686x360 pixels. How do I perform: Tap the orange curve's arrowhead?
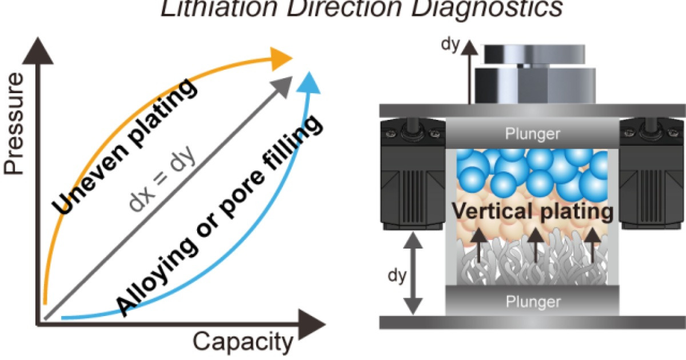(281, 57)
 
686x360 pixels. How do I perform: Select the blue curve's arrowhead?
(309, 82)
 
